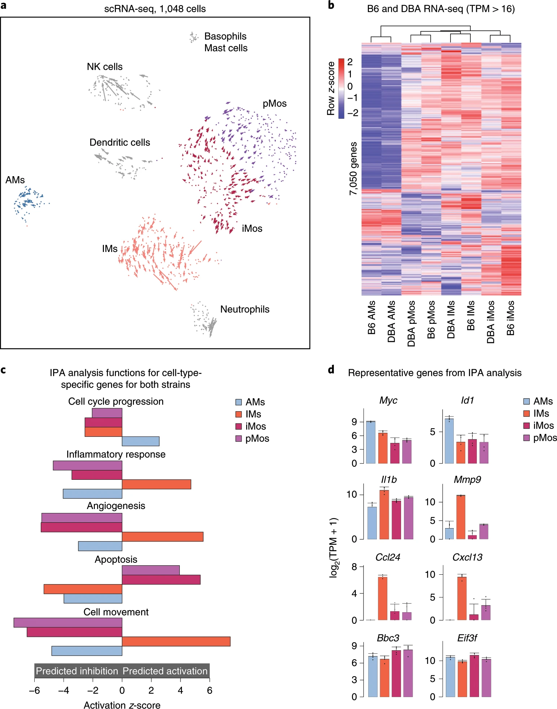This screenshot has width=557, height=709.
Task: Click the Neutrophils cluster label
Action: click(245, 309)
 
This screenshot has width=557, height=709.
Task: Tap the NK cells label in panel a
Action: click(105, 67)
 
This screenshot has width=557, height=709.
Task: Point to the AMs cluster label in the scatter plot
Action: click(15, 180)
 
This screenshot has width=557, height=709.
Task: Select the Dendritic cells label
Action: click(119, 143)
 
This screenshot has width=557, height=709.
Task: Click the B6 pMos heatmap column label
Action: click(431, 319)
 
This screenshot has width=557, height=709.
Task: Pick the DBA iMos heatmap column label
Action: click(491, 322)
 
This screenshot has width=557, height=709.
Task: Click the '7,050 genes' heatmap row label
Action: click(353, 169)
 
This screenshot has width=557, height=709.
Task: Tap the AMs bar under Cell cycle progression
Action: click(140, 441)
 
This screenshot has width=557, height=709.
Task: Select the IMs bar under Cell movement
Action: click(176, 641)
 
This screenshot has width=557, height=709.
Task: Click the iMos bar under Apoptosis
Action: click(161, 579)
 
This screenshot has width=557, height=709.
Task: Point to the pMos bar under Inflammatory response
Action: click(87, 466)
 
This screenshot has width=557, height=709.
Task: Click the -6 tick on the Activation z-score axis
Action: click(35, 690)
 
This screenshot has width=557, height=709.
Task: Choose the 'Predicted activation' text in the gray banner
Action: click(165, 671)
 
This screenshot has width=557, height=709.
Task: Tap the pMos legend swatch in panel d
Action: click(527, 438)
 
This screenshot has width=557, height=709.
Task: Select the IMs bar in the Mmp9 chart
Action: click(461, 517)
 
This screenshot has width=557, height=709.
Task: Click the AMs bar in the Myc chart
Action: click(371, 442)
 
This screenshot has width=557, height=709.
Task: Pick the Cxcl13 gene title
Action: click(467, 557)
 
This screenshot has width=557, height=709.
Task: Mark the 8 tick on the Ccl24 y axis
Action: click(354, 567)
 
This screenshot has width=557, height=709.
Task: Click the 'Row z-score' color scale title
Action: click(331, 88)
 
